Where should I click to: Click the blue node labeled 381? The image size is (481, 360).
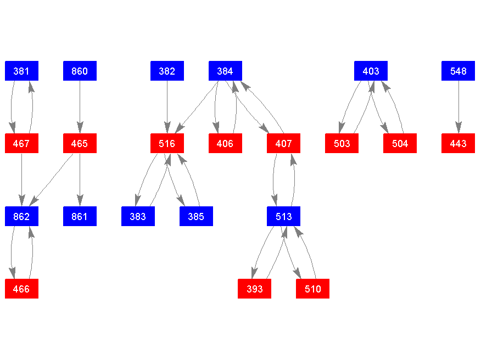pyautogui.click(x=21, y=71)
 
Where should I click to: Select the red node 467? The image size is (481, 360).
pyautogui.click(x=21, y=144)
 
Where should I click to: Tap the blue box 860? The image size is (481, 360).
pyautogui.click(x=80, y=71)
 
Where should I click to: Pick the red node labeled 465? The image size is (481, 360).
pyautogui.click(x=80, y=144)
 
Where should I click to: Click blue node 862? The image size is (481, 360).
pyautogui.click(x=21, y=216)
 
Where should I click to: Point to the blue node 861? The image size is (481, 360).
pyautogui.click(x=80, y=216)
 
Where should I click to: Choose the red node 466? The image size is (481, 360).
pyautogui.click(x=21, y=289)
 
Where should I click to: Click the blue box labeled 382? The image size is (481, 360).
pyautogui.click(x=167, y=71)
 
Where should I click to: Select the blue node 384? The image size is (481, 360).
pyautogui.click(x=225, y=71)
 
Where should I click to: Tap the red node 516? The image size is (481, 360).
pyautogui.click(x=167, y=144)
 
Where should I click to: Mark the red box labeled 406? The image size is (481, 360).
pyautogui.click(x=225, y=144)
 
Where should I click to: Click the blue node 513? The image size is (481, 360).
pyautogui.click(x=283, y=216)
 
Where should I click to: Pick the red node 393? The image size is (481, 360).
pyautogui.click(x=254, y=289)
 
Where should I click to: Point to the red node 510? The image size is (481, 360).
pyautogui.click(x=312, y=289)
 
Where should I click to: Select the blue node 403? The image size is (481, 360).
pyautogui.click(x=371, y=71)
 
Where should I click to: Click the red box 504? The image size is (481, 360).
pyautogui.click(x=400, y=144)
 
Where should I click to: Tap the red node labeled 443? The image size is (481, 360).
pyautogui.click(x=458, y=144)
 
